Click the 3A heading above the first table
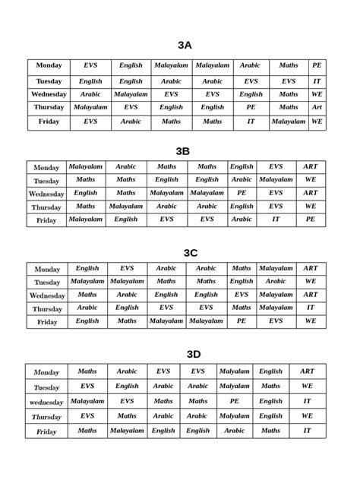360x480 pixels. pyautogui.click(x=185, y=46)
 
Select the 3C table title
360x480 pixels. pyautogui.click(x=191, y=253)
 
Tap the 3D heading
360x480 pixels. pyautogui.click(x=194, y=354)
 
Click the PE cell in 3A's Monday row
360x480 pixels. pyautogui.click(x=317, y=66)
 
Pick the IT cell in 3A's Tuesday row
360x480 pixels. pyautogui.click(x=317, y=81)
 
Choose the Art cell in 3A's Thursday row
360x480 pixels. pyautogui.click(x=317, y=108)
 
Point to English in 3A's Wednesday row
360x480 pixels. pyautogui.click(x=251, y=95)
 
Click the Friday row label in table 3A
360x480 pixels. pyautogui.click(x=49, y=122)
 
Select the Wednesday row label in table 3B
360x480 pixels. pyautogui.click(x=46, y=194)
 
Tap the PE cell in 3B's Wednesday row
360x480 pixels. pyautogui.click(x=242, y=193)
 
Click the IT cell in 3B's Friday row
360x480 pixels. pyautogui.click(x=276, y=219)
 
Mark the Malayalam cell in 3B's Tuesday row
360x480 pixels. pyautogui.click(x=276, y=180)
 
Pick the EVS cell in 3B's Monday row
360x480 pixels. pyautogui.click(x=276, y=166)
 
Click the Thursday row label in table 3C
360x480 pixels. pyautogui.click(x=47, y=309)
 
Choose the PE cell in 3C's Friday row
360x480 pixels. pyautogui.click(x=242, y=321)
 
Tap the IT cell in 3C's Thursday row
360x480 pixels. pyautogui.click(x=311, y=308)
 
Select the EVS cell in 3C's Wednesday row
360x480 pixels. pyautogui.click(x=242, y=295)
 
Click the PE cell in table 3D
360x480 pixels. pyautogui.click(x=235, y=401)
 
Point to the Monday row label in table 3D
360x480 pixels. pyautogui.click(x=46, y=372)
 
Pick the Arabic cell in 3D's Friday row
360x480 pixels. pyautogui.click(x=235, y=431)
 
